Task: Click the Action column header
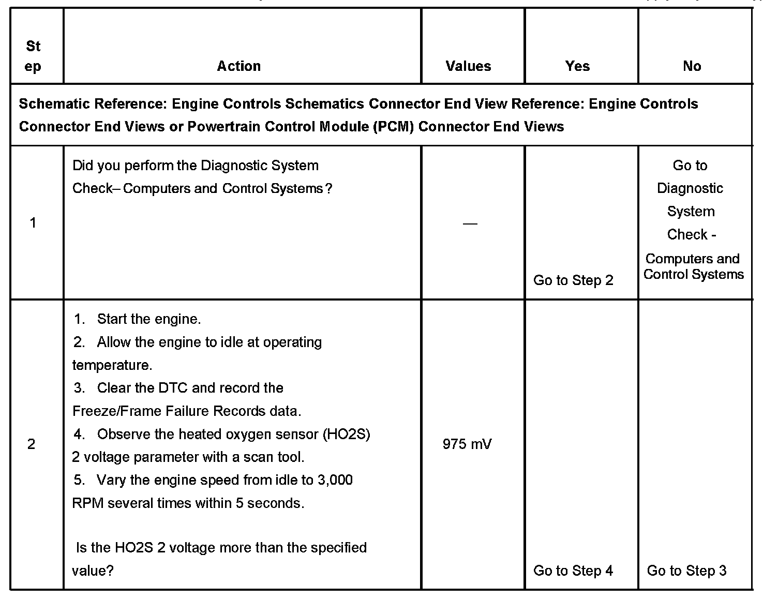point(238,66)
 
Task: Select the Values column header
point(468,66)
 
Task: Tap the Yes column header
point(577,66)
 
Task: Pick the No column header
point(692,66)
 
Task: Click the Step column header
point(33,56)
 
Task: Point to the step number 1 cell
point(33,223)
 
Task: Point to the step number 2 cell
point(32,444)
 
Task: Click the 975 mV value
point(467,444)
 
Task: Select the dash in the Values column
point(470,223)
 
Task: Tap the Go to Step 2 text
point(573,280)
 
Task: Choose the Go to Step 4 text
point(573,571)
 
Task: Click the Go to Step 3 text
point(686,571)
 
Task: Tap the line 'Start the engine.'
point(148,319)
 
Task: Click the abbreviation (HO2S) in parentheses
point(346,434)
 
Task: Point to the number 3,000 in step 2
point(335,480)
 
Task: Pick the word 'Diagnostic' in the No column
point(690,188)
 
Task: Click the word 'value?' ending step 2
point(93,571)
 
